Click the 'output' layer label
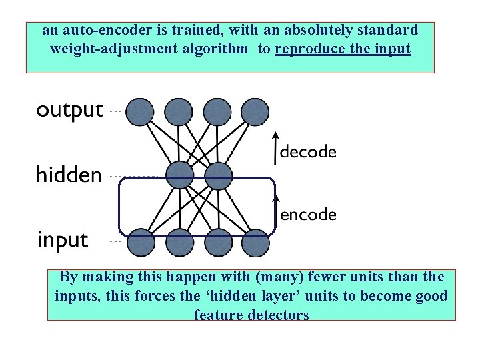pyautogui.click(x=70, y=111)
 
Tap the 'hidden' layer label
pyautogui.click(x=69, y=175)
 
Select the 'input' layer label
pyautogui.click(x=63, y=239)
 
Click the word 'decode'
pyautogui.click(x=308, y=152)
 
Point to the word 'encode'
pyautogui.click(x=308, y=215)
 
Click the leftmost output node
pyautogui.click(x=140, y=111)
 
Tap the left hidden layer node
pyautogui.click(x=179, y=176)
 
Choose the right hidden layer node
pyautogui.click(x=217, y=176)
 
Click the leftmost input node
pyautogui.click(x=140, y=242)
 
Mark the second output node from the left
pyautogui.click(x=178, y=111)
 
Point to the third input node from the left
pyautogui.click(x=217, y=242)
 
